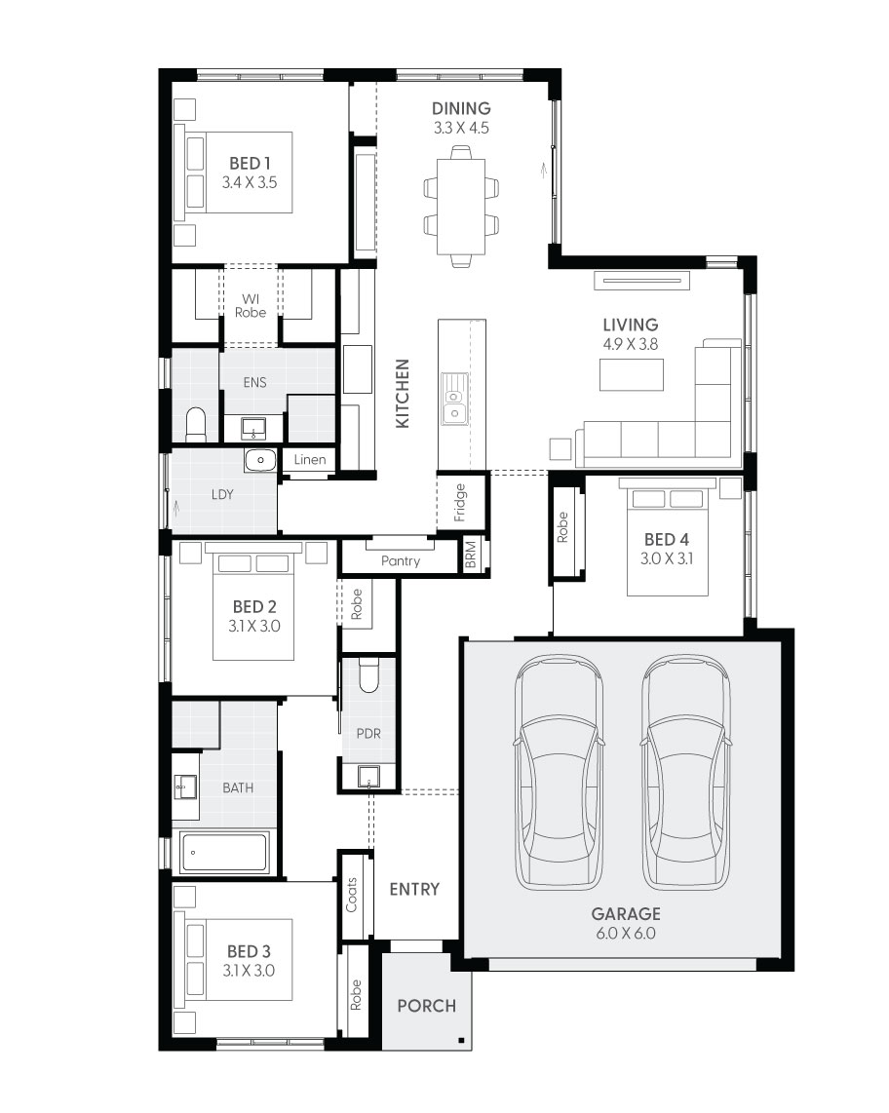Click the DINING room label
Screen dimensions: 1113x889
[461, 109]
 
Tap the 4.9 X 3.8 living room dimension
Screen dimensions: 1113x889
[630, 343]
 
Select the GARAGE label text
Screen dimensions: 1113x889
[625, 914]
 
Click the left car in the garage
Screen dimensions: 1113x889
[560, 771]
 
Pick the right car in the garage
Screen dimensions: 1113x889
[686, 771]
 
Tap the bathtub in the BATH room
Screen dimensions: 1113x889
[224, 853]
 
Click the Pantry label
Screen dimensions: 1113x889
[401, 561]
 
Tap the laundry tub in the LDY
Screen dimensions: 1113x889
[259, 460]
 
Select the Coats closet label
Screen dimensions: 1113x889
[352, 895]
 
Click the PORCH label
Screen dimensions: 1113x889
[427, 1006]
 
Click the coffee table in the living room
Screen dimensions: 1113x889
[631, 374]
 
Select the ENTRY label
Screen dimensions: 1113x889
[414, 889]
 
